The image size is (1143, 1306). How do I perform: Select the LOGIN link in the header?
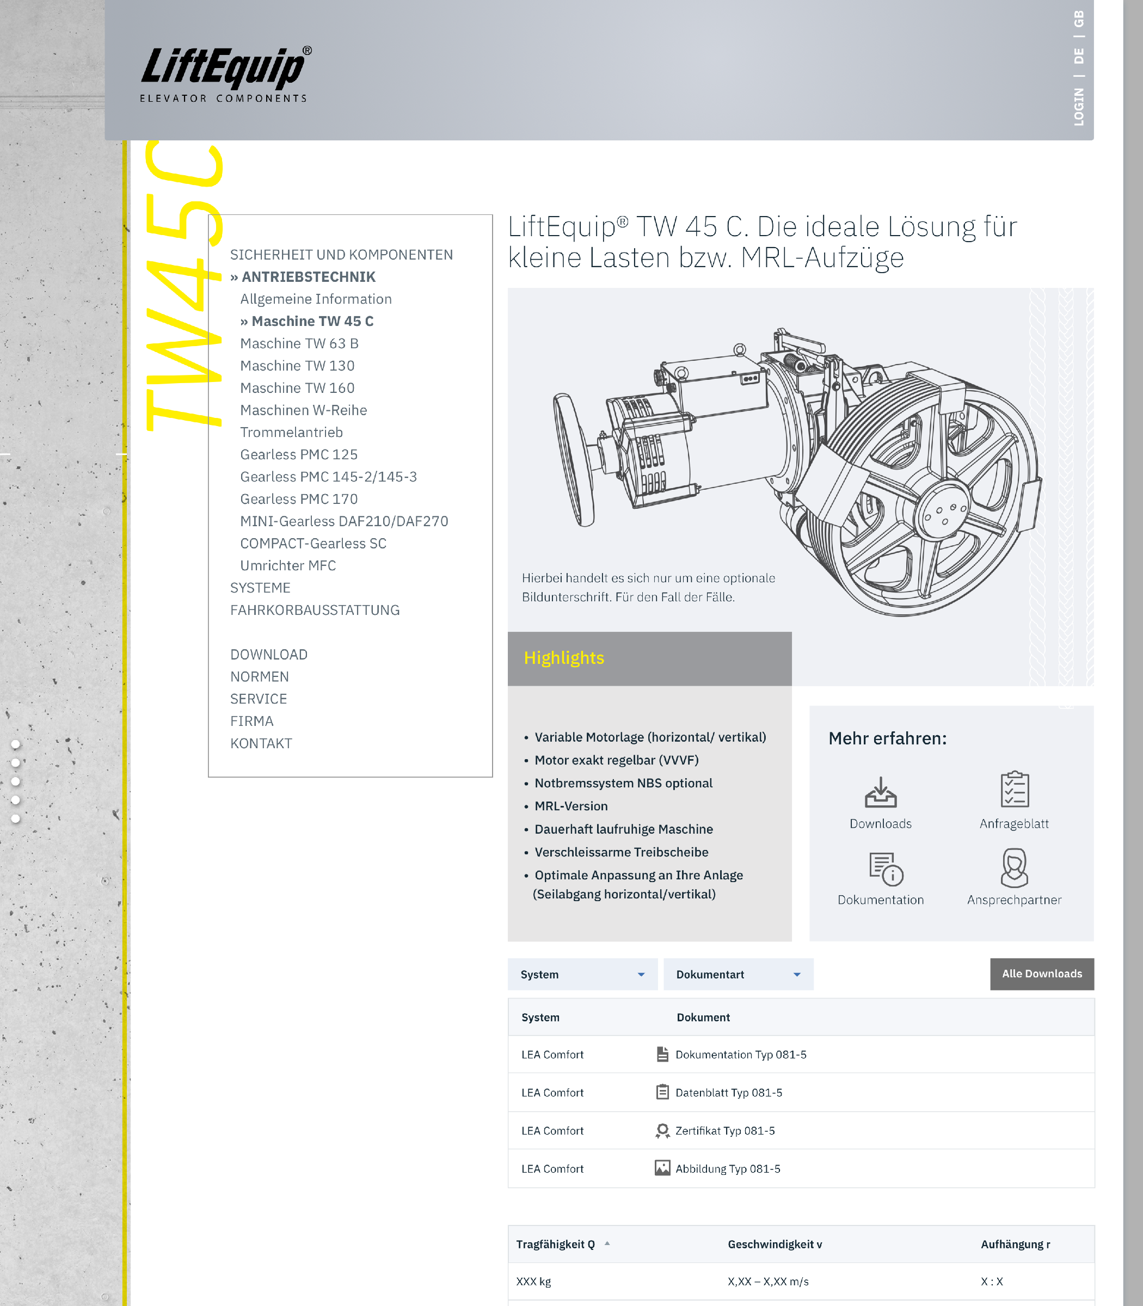(x=1079, y=107)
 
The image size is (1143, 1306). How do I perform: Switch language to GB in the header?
(x=1079, y=19)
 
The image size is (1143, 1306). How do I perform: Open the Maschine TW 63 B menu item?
(x=299, y=343)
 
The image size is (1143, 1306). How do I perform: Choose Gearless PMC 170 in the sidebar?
(x=298, y=498)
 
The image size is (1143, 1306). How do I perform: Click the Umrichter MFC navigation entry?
(x=288, y=565)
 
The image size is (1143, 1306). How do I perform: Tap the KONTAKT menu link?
(x=261, y=743)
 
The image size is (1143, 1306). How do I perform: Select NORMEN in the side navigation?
(x=260, y=676)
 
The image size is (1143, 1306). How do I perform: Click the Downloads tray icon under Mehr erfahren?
(x=880, y=791)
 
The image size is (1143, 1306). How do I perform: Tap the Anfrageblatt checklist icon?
(x=1014, y=790)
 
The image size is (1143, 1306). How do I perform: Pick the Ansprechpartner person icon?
(x=1014, y=868)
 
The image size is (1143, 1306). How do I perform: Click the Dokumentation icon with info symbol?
(x=886, y=869)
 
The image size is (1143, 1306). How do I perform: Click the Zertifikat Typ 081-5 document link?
(x=724, y=1131)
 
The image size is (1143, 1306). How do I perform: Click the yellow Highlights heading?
(x=564, y=658)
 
